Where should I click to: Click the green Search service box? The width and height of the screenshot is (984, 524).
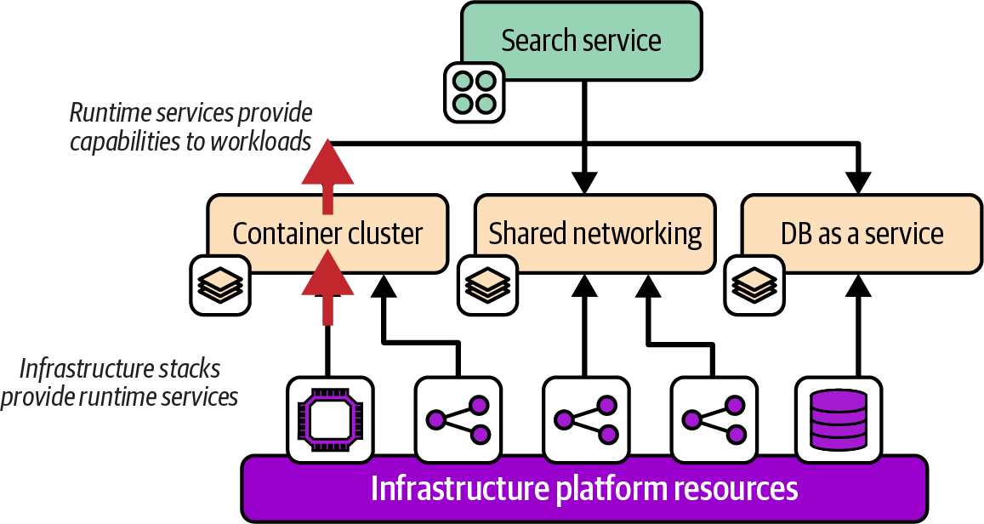point(582,40)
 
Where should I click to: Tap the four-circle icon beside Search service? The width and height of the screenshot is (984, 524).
point(475,91)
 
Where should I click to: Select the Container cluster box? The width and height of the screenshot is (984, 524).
point(327,234)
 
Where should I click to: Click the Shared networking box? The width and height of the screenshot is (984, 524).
point(594,234)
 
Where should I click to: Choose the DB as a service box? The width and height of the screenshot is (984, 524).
point(862,234)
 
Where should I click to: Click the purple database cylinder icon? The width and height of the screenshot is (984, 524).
point(838,419)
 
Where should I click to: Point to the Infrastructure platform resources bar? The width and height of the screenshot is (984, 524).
point(584,488)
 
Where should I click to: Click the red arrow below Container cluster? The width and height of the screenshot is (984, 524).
point(328,289)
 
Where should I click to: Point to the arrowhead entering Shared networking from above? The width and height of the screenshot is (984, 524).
point(584,182)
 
